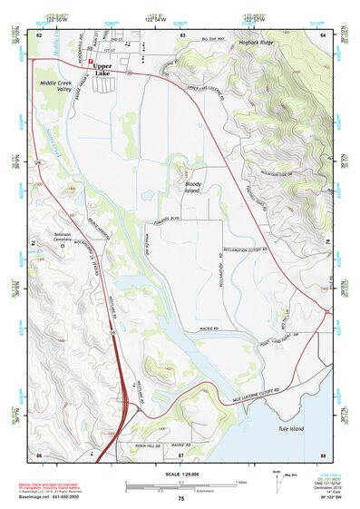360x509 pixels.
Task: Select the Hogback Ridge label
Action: pos(254,43)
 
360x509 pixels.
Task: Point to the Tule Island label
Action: pos(294,429)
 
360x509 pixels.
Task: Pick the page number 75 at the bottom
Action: pos(180,499)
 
